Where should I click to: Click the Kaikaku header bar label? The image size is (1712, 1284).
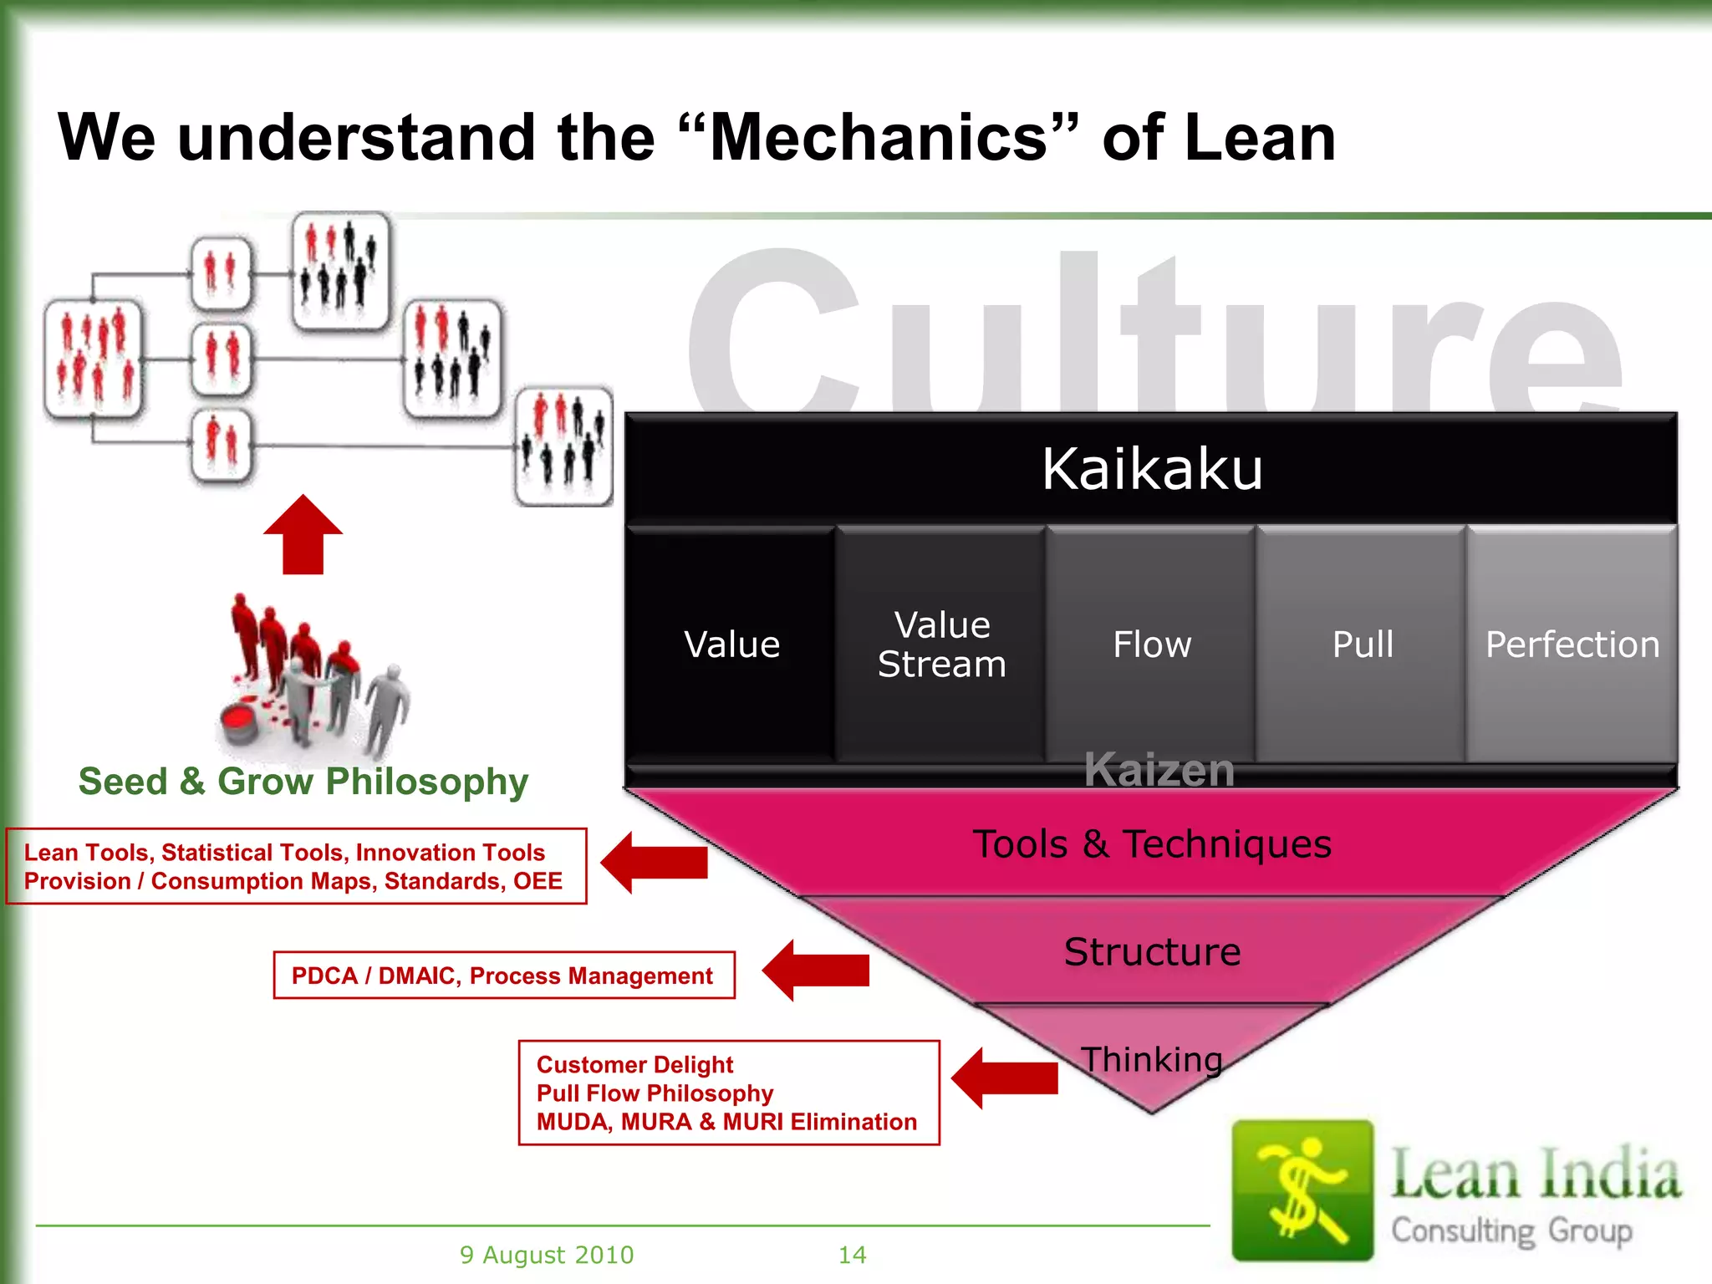pyautogui.click(x=1151, y=469)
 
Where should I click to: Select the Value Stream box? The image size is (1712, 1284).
pyautogui.click(x=941, y=645)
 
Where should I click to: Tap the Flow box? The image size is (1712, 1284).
pyautogui.click(x=1151, y=645)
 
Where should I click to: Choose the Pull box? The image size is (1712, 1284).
pyautogui.click(x=1362, y=645)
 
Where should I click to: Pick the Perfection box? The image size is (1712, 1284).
pyautogui.click(x=1572, y=645)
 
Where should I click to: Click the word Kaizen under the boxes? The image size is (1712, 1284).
pyautogui.click(x=1159, y=770)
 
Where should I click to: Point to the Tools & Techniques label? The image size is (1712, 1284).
pyautogui.click(x=1151, y=844)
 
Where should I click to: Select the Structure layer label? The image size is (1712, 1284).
pyautogui.click(x=1152, y=952)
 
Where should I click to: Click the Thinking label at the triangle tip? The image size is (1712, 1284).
pyautogui.click(x=1152, y=1060)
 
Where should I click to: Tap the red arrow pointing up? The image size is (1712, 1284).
pyautogui.click(x=303, y=535)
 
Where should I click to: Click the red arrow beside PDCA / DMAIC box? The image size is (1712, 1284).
pyautogui.click(x=818, y=971)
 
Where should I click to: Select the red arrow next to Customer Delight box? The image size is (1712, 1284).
pyautogui.click(x=1006, y=1078)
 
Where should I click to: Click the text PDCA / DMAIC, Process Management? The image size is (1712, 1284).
pyautogui.click(x=502, y=976)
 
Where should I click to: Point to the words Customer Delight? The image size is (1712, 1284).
pyautogui.click(x=634, y=1065)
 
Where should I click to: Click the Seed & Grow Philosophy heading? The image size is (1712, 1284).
pyautogui.click(x=303, y=782)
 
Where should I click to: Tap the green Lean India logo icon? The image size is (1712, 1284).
pyautogui.click(x=1302, y=1190)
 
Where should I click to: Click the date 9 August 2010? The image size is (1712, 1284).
pyautogui.click(x=547, y=1255)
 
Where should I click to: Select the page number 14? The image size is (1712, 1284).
pyautogui.click(x=852, y=1255)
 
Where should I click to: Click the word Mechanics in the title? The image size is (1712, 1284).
pyautogui.click(x=878, y=138)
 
